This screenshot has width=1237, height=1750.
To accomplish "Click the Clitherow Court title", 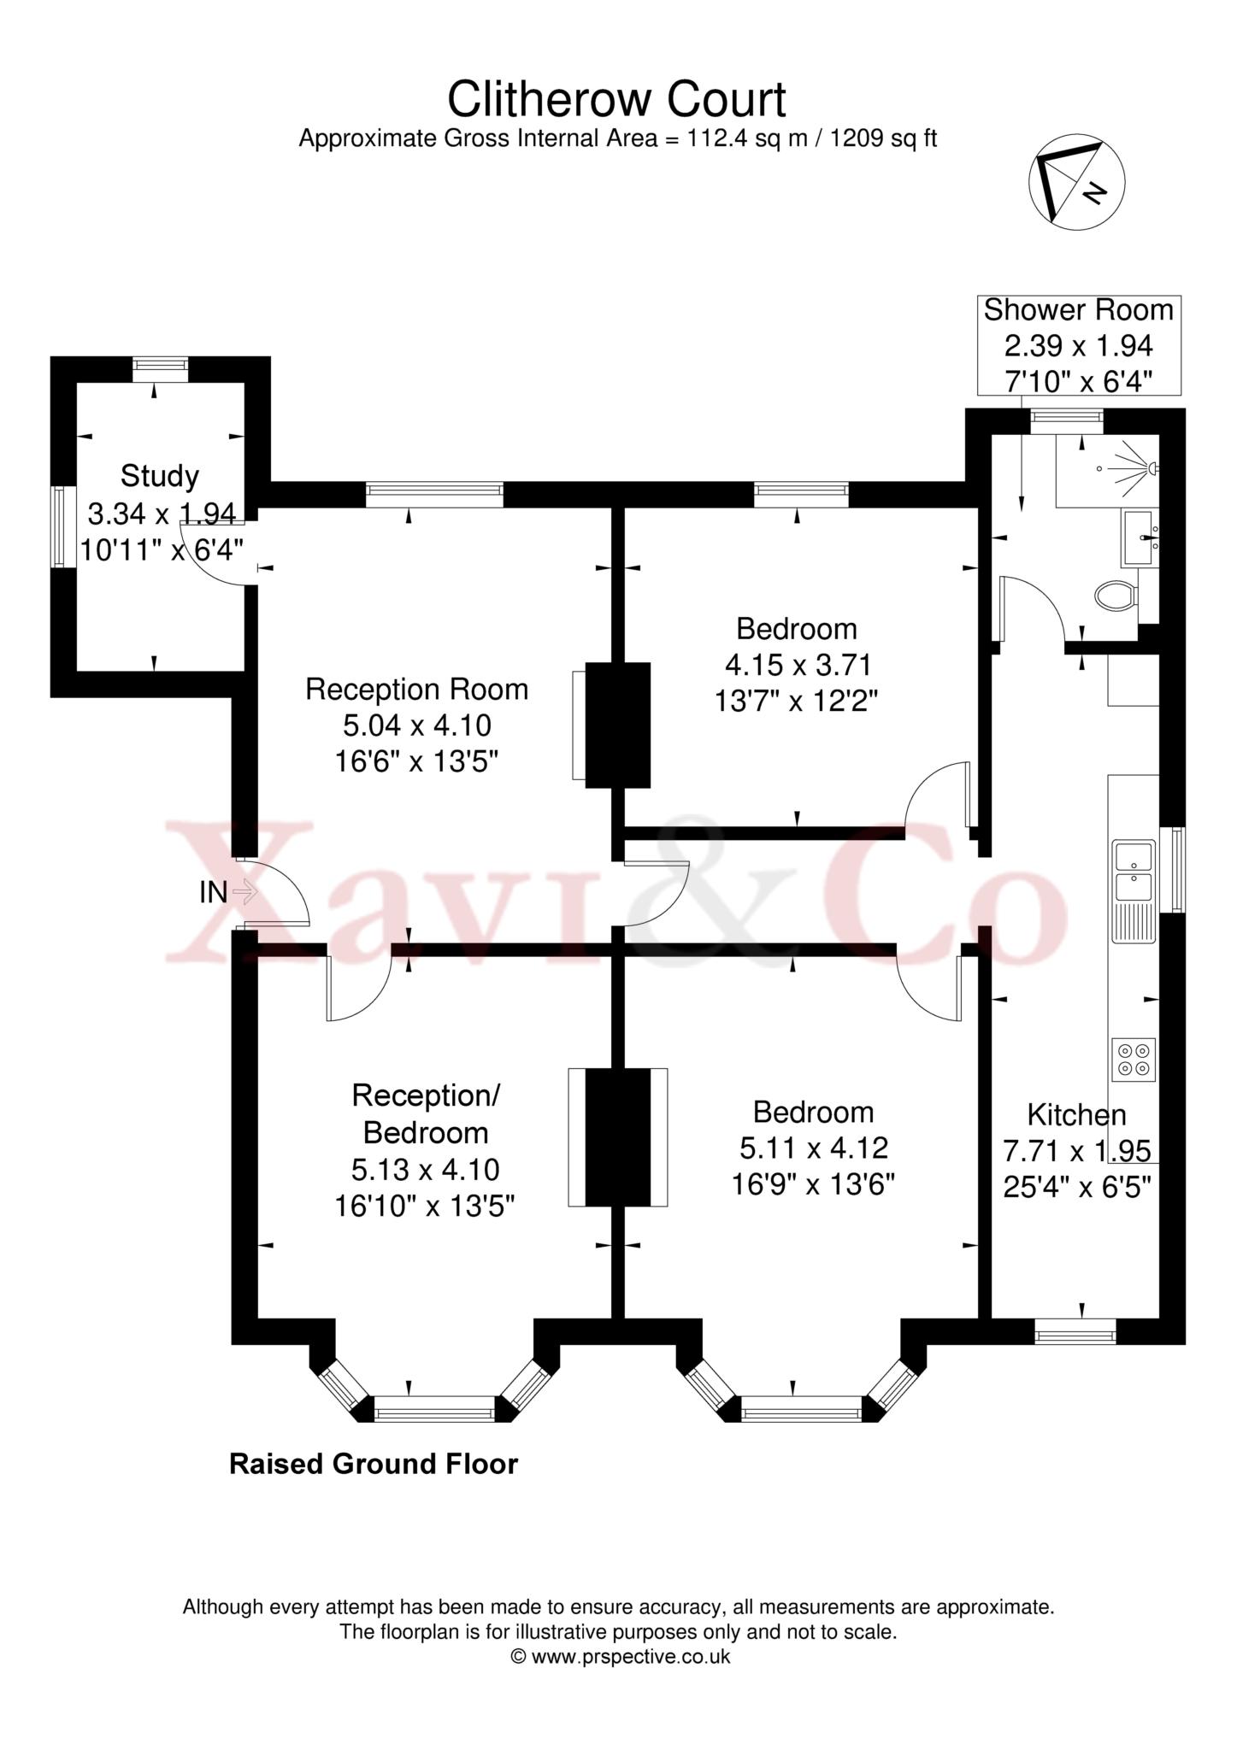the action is click(616, 100).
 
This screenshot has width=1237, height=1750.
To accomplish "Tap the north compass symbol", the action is click(1076, 181).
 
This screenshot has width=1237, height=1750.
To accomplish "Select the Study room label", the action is click(160, 476).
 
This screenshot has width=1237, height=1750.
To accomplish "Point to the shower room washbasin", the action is click(1140, 538).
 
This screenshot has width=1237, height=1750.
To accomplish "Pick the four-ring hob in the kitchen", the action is click(1134, 1060).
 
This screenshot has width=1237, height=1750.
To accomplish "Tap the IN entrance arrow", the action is click(245, 892).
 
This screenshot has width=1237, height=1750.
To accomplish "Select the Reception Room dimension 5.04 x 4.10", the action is click(417, 725).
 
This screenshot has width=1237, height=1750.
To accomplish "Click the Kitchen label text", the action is click(1076, 1115).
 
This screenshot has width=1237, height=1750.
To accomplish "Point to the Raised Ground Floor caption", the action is click(374, 1464).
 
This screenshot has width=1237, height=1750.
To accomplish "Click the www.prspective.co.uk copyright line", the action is click(621, 1656).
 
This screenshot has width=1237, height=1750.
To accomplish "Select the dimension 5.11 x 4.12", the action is click(813, 1148).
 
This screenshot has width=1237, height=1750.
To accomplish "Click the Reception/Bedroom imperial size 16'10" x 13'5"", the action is click(425, 1205).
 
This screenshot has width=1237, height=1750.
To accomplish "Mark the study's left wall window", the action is click(58, 526).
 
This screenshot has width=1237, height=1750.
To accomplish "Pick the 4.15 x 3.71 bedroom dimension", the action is click(798, 664).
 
